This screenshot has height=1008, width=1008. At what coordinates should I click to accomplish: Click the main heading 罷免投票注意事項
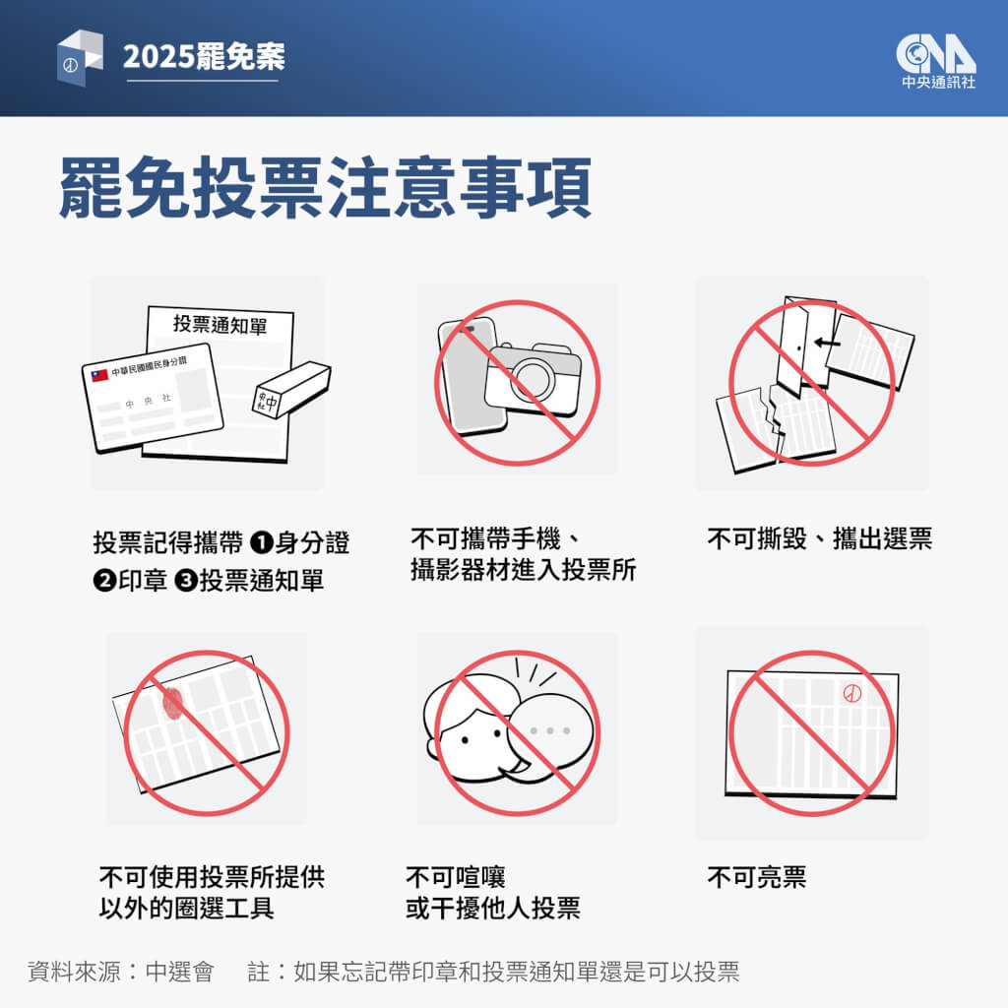pos(326,185)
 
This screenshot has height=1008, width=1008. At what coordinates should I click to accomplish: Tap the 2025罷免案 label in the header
pos(204,57)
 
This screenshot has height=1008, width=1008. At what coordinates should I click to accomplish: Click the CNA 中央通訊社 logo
pos(937,61)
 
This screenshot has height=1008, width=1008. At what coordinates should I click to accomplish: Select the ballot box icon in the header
pos(79,57)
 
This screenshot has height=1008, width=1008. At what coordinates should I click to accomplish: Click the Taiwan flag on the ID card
pos(99,375)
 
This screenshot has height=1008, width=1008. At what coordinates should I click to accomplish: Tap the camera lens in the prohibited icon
pos(535,376)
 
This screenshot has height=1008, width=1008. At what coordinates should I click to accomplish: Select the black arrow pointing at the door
pos(827,344)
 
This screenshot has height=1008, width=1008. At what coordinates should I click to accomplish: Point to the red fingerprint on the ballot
pos(172,701)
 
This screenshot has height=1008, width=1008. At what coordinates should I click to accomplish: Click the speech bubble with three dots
pos(550,730)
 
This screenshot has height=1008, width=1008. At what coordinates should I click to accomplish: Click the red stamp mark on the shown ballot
pos(851,693)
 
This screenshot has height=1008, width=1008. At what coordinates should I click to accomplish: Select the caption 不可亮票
pos(756,877)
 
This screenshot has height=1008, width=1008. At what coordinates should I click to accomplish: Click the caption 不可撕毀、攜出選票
pos(819,539)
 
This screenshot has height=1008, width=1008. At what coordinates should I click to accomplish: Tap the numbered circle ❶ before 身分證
pos(261,542)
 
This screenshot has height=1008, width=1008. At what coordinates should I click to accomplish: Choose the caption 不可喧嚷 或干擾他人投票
pos(492,892)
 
